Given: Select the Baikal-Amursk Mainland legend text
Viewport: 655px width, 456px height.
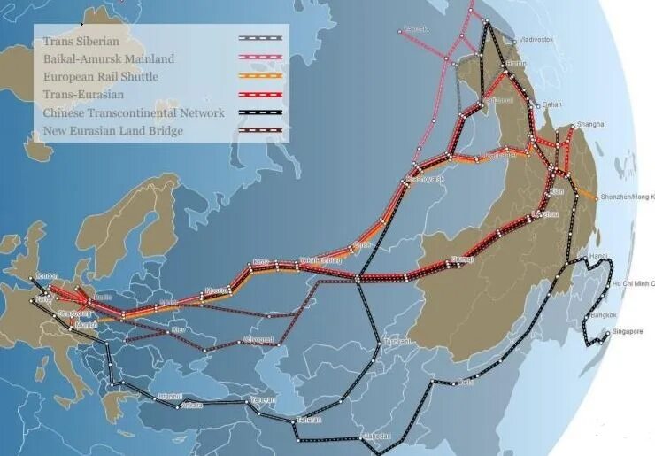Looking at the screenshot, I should pos(108,58).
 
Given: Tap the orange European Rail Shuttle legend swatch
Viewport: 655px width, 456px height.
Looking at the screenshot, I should pos(260,76).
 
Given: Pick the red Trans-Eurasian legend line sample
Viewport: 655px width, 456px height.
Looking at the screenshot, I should pos(260,95).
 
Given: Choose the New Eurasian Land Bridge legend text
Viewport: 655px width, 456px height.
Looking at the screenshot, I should pos(112,131).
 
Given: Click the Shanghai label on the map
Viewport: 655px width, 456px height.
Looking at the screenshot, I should pos(591,125).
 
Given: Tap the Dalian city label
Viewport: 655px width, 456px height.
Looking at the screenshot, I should pos(552,104).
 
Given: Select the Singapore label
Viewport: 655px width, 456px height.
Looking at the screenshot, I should pos(625,332).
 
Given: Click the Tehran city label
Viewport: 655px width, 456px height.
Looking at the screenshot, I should pos(309,419).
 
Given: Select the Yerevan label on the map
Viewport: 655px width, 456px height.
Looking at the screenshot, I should pos(263,400).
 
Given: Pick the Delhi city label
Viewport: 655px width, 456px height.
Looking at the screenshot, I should pos(466,383).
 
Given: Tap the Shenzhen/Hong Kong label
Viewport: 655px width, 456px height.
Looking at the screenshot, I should pos(627,196).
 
